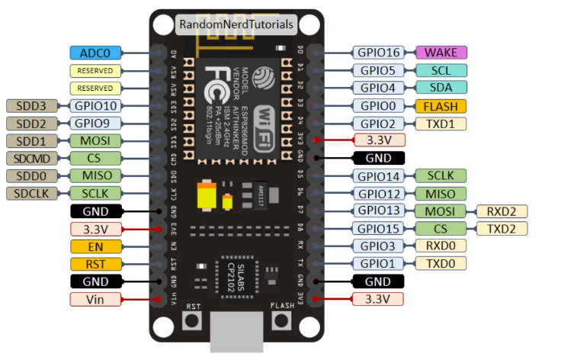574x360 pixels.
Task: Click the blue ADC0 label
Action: [95, 53]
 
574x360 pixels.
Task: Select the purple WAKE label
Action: [441, 53]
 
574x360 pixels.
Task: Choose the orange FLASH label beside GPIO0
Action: [441, 106]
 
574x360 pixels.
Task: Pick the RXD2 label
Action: [502, 211]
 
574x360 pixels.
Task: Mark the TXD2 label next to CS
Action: [502, 229]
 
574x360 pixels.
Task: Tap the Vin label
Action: [95, 299]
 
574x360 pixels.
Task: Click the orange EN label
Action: [95, 246]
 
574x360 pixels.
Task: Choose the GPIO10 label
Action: [95, 106]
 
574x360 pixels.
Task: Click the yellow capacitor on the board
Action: [207, 198]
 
